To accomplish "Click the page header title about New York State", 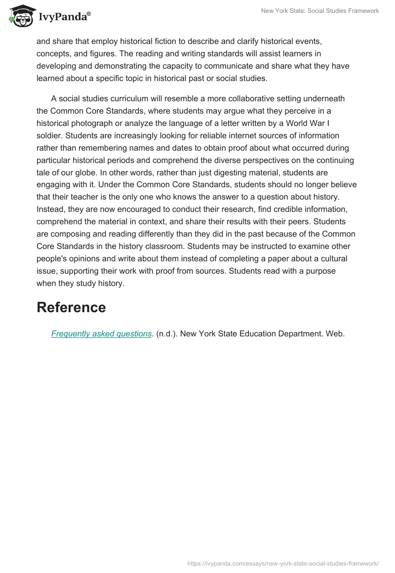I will point(321,11).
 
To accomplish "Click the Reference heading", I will point(71,307).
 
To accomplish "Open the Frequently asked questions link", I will point(101,333).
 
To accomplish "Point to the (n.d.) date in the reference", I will point(166,333).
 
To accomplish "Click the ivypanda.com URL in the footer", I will point(283,563).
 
